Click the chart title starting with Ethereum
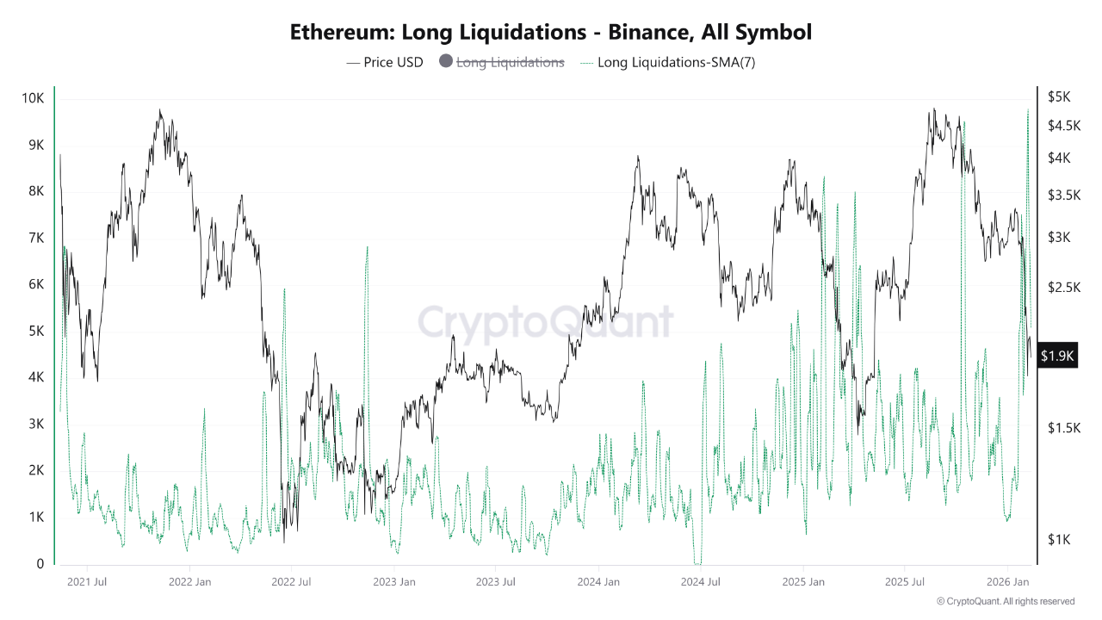[x=551, y=33]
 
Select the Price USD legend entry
[x=385, y=62]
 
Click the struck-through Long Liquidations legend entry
[x=510, y=62]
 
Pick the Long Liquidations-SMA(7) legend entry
[x=667, y=62]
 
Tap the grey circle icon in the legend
[x=446, y=62]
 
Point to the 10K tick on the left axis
[x=34, y=98]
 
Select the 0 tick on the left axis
[x=40, y=564]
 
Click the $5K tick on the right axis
[x=1058, y=96]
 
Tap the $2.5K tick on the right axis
[x=1063, y=288]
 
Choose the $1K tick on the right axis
[x=1058, y=540]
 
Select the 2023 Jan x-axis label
[x=394, y=582]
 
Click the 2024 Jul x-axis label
[x=700, y=582]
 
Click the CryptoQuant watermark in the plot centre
[x=545, y=323]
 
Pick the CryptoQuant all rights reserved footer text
[x=1006, y=601]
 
